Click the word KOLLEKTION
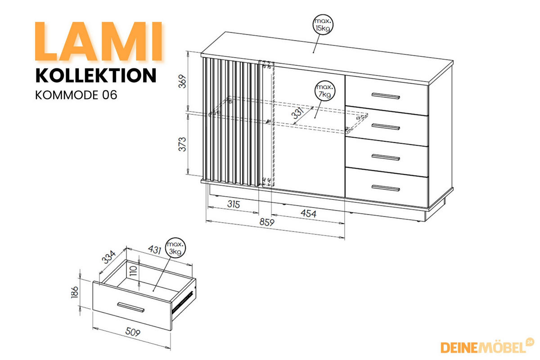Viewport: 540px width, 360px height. tap(96, 75)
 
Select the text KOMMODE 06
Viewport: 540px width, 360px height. tap(76, 95)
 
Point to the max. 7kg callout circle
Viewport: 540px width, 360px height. tap(324, 91)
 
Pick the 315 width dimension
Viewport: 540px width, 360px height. tap(233, 204)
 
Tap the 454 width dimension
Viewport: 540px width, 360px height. tap(308, 214)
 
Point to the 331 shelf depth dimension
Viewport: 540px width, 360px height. tap(298, 115)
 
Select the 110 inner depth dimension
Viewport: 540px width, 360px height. tap(133, 270)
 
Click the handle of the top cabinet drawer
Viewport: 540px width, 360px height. tap(386, 95)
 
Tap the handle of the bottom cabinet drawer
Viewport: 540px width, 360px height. tap(386, 187)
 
